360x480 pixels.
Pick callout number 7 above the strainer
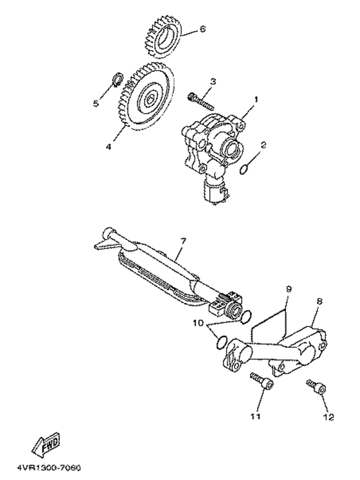(x=183, y=241)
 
